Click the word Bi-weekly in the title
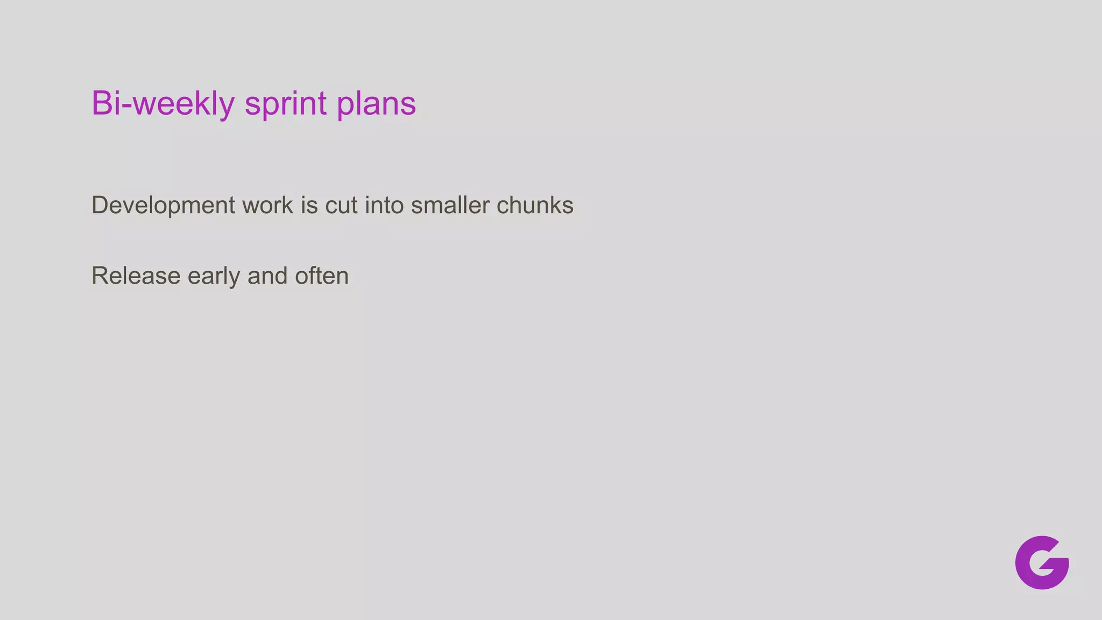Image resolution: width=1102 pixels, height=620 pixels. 163,103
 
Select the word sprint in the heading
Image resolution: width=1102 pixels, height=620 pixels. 285,103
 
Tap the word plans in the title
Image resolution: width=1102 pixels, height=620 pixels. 376,103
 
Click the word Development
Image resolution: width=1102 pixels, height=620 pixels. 163,206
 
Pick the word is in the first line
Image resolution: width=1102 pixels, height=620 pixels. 309,206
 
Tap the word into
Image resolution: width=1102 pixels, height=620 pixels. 384,206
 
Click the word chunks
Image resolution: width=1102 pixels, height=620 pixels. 535,206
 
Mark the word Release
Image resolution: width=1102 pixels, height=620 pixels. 136,276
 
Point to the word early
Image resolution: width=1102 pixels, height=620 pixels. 214,276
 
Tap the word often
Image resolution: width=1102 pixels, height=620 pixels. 322,276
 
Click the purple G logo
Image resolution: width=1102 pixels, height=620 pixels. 1042,562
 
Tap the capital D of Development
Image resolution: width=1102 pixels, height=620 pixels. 100,206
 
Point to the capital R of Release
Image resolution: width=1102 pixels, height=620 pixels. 101,276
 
